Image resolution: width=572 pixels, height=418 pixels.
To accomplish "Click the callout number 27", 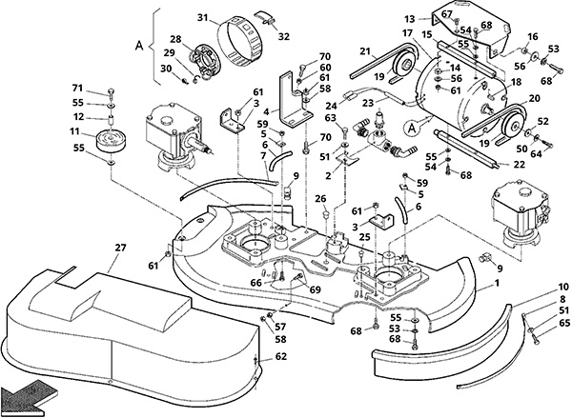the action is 120,248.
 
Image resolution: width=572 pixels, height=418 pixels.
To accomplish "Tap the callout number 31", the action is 203,17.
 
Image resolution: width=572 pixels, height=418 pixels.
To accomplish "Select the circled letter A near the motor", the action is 412,129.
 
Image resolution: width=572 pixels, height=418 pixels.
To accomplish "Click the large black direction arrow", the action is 29,396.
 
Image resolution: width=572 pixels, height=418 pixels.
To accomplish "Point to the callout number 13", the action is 410,19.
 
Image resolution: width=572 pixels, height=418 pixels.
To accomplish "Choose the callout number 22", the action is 519,165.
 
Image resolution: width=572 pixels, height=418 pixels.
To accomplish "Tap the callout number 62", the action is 281,356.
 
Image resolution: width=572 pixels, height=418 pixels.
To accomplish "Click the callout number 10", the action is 563,288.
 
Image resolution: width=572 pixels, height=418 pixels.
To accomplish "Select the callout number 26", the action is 321,199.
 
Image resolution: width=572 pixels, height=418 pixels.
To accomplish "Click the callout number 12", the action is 78,117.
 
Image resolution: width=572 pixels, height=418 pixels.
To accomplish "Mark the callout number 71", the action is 77,89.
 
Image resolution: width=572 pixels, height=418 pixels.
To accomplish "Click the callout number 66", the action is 256,283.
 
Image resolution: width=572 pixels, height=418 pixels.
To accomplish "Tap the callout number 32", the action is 284,36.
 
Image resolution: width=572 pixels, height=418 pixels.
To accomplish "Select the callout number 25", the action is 364,237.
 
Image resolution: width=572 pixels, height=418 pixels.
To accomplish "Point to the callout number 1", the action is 497,283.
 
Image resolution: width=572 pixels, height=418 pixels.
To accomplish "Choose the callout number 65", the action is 563,323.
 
